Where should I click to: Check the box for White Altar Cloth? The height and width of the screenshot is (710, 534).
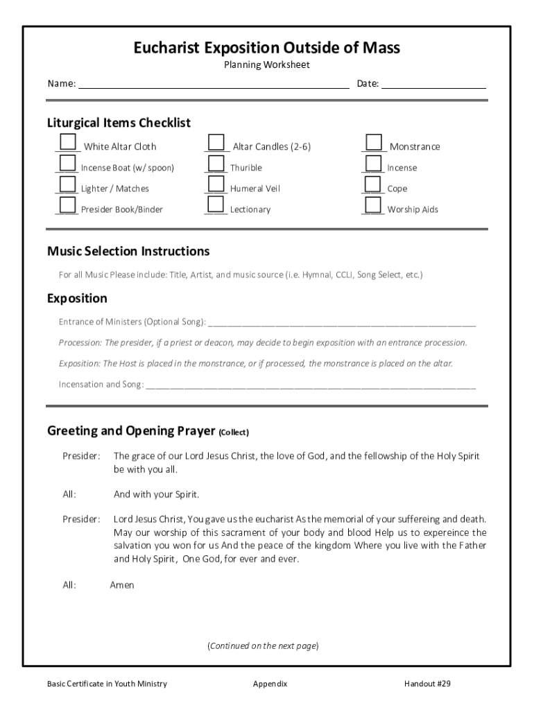coord(67,142)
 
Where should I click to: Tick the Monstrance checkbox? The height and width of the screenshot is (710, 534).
coord(374,142)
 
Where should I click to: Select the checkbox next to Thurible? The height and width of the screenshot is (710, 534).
coord(216,164)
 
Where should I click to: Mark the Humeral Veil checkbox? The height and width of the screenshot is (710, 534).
coord(216,184)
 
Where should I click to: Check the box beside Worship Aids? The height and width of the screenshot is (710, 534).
coord(374,205)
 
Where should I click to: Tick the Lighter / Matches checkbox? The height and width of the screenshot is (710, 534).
coord(67,184)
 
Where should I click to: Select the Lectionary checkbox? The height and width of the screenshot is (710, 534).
coord(216,205)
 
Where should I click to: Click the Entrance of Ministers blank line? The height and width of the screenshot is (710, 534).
coord(341,322)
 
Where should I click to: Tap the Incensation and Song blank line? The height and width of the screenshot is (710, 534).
coord(311,384)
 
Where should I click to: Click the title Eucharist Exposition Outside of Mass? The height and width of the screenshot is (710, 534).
coord(267,47)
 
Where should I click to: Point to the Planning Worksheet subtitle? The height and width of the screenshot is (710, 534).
coord(267,65)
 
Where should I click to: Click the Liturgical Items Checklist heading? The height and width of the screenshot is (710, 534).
coord(119,123)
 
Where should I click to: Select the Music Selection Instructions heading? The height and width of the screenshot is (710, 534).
coord(128,251)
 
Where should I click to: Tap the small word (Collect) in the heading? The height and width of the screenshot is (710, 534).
coord(234,432)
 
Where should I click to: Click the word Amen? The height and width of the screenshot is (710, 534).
coord(122,585)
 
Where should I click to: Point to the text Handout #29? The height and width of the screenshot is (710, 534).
coord(427,684)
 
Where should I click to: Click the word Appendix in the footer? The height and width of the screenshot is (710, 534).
coord(270,684)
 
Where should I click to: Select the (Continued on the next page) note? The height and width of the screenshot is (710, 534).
coord(263,646)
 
